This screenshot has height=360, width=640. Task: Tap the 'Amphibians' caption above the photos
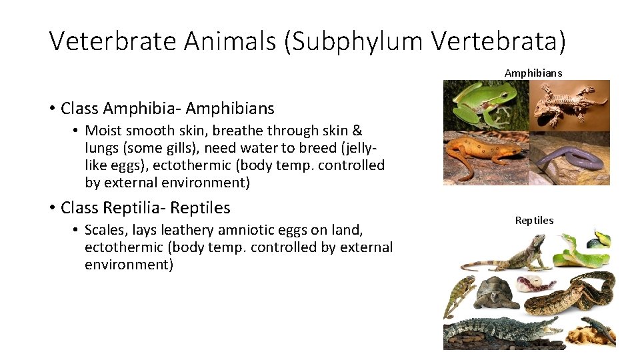coord(533,73)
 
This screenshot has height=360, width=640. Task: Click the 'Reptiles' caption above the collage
coord(534,220)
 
